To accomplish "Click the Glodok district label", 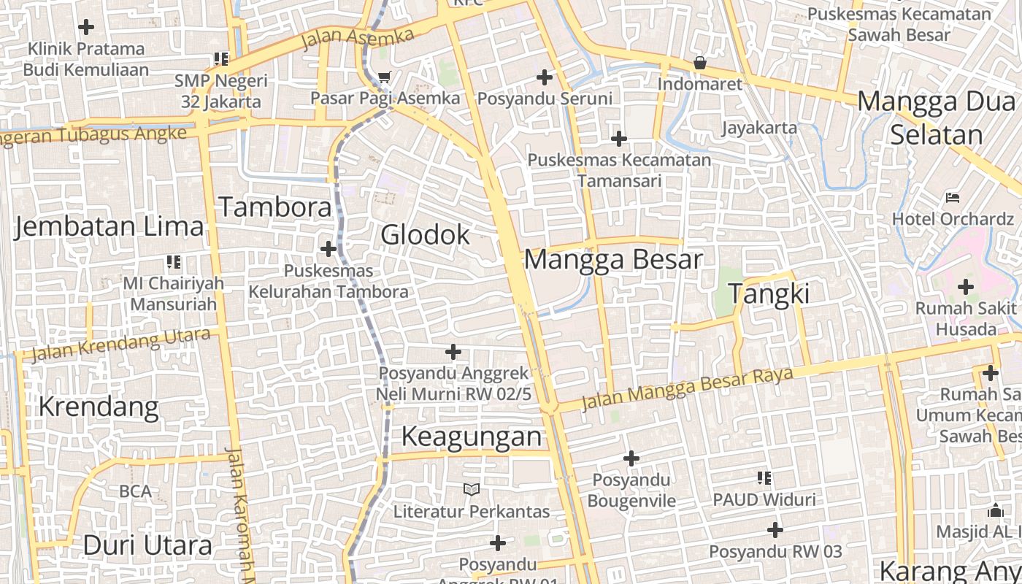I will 426,235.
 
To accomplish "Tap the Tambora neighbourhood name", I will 275,207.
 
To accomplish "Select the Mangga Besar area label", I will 613,260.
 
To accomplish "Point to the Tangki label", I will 769,293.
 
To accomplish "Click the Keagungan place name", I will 472,437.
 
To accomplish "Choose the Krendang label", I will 98,406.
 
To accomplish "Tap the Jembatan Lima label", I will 109,226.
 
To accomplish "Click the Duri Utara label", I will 147,545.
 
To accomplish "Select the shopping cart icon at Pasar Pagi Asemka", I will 385,77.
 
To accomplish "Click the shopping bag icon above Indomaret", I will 699,63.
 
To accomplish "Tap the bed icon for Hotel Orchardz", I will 953,197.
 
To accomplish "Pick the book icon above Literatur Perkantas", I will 472,489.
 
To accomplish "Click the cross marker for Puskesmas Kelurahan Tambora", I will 328,249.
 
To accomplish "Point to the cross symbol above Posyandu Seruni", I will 545,77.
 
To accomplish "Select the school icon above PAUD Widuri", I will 764,478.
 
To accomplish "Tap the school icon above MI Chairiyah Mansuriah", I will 173,261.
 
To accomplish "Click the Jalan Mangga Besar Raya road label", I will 686,389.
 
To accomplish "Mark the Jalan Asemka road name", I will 357,37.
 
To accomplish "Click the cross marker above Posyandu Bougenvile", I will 631,458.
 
